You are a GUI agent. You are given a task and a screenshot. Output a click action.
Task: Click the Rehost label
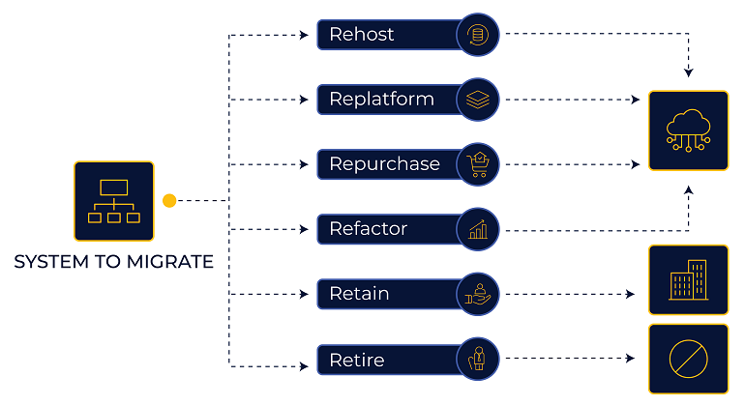click(362, 35)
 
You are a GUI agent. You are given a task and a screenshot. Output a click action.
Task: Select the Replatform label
click(381, 100)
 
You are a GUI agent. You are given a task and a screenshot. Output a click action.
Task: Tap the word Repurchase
click(384, 164)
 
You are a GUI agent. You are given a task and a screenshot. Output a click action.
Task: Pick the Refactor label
click(368, 229)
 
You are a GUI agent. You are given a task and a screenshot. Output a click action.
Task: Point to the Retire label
click(356, 360)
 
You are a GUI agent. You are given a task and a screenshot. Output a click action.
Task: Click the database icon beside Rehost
click(478, 35)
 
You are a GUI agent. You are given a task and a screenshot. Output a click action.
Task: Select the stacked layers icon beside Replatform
click(478, 100)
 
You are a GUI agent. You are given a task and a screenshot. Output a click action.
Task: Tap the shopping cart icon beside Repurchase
click(478, 164)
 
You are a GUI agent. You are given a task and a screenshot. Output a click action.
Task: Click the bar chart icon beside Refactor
click(478, 229)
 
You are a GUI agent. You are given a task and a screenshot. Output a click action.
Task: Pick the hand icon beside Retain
click(478, 294)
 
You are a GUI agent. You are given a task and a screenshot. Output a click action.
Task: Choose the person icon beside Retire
click(478, 359)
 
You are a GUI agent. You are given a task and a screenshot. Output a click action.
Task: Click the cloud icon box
click(688, 130)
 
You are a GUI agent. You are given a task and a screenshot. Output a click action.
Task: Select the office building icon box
click(688, 279)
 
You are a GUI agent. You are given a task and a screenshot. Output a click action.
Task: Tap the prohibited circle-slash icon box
click(688, 359)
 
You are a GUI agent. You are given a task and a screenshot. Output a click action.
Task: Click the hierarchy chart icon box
click(114, 200)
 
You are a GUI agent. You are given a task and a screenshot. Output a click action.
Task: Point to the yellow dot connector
click(169, 201)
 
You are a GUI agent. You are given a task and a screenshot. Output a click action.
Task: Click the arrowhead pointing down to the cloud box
click(689, 72)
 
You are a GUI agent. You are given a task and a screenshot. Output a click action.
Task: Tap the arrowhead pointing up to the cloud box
click(689, 190)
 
